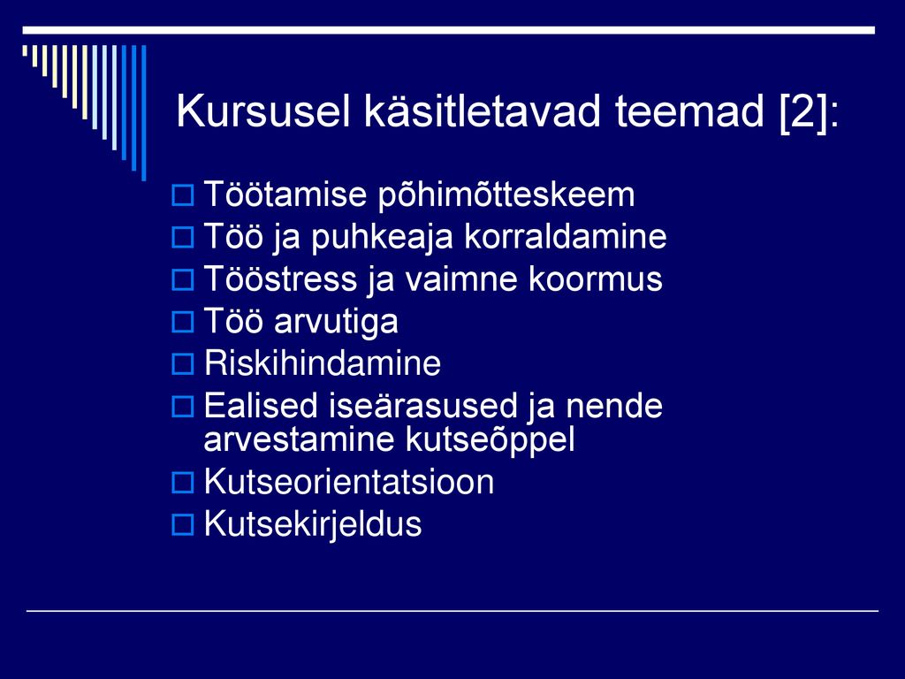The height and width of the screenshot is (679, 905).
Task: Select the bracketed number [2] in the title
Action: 804,112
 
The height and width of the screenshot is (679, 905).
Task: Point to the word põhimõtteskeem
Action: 506,195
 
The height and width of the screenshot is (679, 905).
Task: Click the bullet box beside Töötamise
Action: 182,195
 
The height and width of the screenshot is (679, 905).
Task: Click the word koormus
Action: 596,278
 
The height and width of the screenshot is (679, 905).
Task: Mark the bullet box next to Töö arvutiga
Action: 182,322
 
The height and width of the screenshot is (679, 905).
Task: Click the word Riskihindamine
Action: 323,363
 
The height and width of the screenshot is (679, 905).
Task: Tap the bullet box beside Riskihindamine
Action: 182,363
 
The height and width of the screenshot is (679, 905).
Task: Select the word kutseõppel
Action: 490,440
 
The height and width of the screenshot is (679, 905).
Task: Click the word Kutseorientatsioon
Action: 349,482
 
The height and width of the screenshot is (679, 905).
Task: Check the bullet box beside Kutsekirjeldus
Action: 182,524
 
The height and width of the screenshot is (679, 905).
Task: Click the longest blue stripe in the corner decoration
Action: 144,113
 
